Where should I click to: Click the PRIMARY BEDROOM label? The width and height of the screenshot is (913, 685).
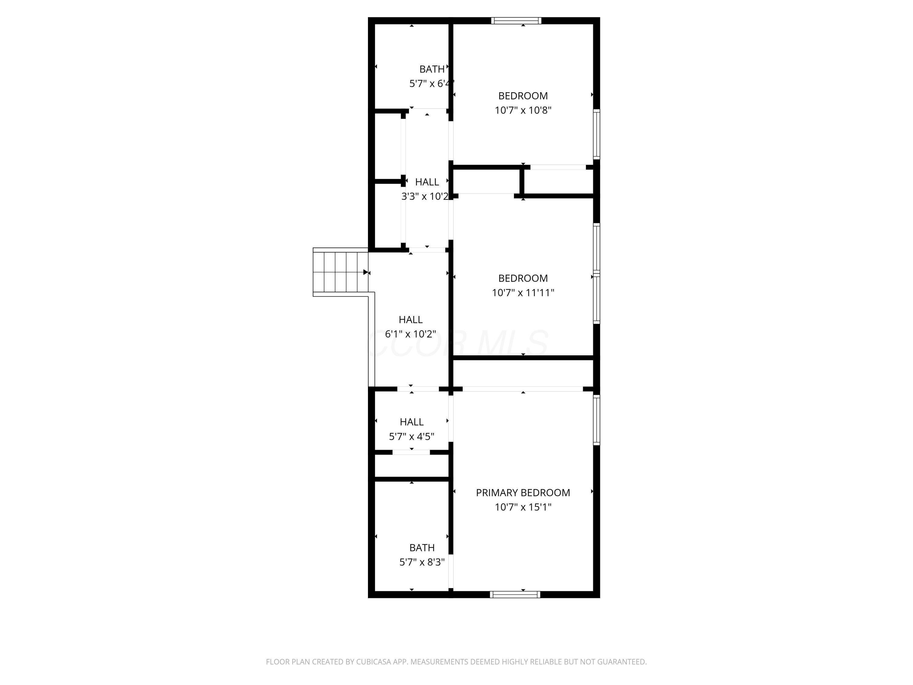[x=523, y=493]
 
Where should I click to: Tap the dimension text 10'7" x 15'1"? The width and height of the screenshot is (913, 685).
[x=523, y=507]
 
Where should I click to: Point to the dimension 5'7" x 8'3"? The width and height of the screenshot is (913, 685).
[x=422, y=562]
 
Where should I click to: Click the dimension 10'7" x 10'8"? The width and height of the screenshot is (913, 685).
[x=523, y=110]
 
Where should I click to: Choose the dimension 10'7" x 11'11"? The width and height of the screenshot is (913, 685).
[x=523, y=293]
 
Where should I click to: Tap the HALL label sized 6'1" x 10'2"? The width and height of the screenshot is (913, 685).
[x=411, y=320]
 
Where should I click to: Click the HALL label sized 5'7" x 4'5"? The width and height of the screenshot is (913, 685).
[x=411, y=422]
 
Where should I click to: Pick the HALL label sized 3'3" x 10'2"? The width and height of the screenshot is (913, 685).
[x=427, y=182]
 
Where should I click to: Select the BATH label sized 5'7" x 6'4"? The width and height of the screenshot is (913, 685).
[x=432, y=69]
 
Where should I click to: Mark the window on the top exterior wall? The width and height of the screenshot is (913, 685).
[x=516, y=21]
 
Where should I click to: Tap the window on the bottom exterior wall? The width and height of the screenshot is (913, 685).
[x=515, y=595]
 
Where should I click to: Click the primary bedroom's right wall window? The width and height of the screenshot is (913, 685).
[x=596, y=420]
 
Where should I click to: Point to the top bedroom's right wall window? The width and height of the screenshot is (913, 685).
[x=596, y=134]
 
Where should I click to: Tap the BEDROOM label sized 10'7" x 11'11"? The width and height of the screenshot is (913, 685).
[x=523, y=278]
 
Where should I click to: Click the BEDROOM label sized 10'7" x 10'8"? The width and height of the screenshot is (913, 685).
[x=523, y=96]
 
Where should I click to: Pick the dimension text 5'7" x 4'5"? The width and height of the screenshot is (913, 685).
[x=411, y=437]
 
